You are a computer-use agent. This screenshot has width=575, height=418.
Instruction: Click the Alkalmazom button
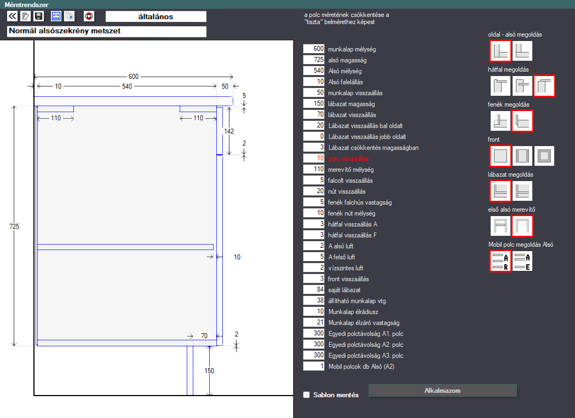tap(442, 391)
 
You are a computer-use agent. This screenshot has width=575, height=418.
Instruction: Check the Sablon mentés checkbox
tap(307, 394)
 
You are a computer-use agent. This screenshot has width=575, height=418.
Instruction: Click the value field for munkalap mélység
tap(314, 49)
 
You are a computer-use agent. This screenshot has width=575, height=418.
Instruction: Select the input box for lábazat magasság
tap(314, 103)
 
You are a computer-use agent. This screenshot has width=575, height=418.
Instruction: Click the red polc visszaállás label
tap(348, 159)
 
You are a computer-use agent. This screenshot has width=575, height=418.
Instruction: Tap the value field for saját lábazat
tap(314, 290)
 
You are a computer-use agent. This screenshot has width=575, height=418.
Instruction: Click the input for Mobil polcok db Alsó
tap(314, 367)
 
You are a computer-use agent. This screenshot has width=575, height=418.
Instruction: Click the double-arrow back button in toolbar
tap(12, 16)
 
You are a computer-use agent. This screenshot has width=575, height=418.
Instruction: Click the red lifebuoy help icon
tap(89, 16)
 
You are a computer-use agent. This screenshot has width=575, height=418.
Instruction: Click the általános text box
tap(156, 16)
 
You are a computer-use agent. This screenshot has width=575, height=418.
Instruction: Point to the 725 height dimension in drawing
tap(14, 227)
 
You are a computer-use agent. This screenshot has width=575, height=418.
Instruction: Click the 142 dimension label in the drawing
tap(229, 131)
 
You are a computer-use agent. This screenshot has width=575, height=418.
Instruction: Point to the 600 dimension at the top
tap(134, 77)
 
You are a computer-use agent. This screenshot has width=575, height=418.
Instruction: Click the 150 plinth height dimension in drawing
tap(209, 371)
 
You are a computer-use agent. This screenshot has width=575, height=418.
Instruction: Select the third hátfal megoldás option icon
tap(544, 86)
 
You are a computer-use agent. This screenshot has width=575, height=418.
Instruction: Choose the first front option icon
tap(500, 156)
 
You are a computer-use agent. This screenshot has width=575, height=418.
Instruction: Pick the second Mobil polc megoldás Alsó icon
tap(522, 261)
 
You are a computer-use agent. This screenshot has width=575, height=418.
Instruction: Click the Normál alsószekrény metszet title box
tap(107, 32)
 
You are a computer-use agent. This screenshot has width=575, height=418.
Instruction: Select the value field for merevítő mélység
tap(314, 169)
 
